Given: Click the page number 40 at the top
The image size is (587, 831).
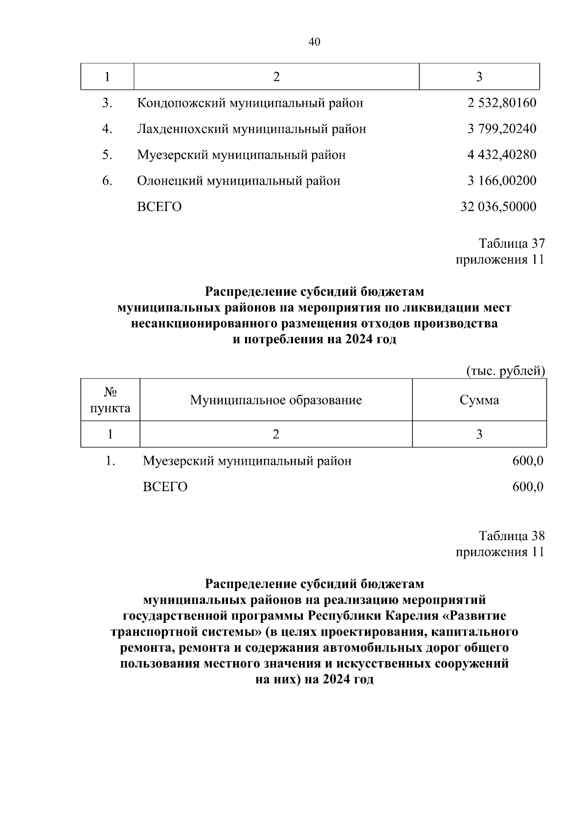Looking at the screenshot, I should pos(315,42).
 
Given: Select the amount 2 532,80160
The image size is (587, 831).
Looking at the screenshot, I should pos(501,103).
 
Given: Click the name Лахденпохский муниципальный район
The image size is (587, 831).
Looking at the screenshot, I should pos(251,129).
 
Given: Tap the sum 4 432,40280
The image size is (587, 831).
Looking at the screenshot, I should pos(501,155).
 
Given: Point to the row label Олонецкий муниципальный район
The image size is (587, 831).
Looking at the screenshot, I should pos(238,181).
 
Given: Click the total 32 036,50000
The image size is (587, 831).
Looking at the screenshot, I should pos(498,207).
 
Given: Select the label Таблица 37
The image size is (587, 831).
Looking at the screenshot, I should pos(511,243).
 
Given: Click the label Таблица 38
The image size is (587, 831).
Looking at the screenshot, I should pos(511,536).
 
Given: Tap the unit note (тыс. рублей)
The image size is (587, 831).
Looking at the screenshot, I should pos(505,371).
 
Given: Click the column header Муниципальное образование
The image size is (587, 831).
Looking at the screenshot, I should pos(276,400).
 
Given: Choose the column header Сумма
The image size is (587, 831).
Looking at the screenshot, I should pos(479,400).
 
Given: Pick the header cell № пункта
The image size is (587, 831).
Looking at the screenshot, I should pos(110,400).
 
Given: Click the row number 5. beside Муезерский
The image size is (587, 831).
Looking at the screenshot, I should pos(107,155).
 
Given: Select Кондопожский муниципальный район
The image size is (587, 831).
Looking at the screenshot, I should pos(250,103).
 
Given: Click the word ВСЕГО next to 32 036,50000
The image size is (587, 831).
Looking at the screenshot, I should pos(159,207).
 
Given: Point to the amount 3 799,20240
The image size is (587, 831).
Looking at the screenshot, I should pos(501,129).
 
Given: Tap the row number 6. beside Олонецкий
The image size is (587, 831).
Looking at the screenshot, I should pos(107,181).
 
